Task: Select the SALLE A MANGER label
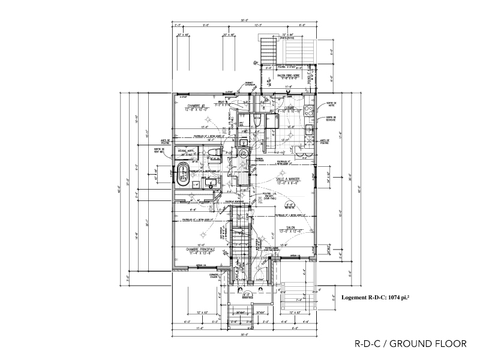[287, 179]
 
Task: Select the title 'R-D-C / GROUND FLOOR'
[410, 344]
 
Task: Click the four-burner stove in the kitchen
[308, 110]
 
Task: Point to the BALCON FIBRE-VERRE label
[293, 75]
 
